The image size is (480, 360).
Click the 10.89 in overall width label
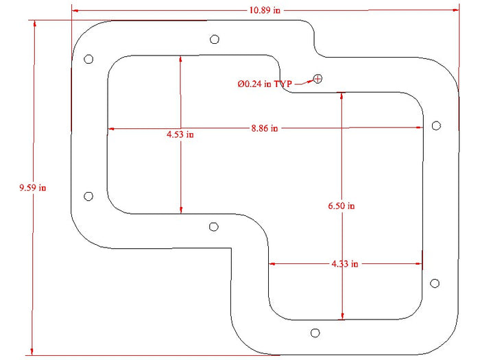tap(265, 10)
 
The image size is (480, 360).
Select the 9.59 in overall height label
tap(33, 187)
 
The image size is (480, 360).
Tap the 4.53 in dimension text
tap(180, 134)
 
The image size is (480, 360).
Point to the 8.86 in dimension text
tap(265, 128)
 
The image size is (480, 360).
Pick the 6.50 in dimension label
tap(341, 206)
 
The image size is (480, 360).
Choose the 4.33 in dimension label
tap(345, 263)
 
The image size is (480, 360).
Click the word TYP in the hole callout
tap(283, 84)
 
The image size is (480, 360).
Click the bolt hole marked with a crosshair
tap(317, 79)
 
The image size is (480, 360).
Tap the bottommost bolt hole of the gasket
tap(315, 333)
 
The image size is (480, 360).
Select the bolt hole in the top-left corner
tap(88, 59)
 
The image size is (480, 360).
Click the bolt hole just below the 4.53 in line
tap(214, 227)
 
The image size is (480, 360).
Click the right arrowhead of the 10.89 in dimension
tap(455, 10)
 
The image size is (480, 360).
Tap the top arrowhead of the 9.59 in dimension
tap(34, 23)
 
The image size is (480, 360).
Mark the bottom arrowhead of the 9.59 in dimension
tap(32, 351)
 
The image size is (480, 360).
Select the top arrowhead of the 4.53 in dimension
tap(180, 59)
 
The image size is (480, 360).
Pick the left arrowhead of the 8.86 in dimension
tap(112, 129)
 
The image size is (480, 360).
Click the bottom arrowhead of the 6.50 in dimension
tap(343, 317)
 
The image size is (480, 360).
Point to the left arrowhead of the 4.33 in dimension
tap(272, 263)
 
